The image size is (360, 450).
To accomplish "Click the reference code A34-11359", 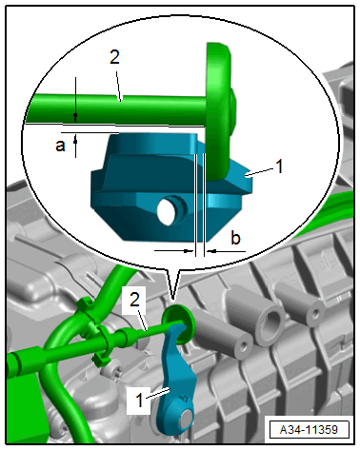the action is click(309, 430).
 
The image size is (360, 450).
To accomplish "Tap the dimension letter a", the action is click(60, 146).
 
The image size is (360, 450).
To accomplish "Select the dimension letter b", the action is click(235, 238).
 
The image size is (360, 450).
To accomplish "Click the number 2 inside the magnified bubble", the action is click(114, 57).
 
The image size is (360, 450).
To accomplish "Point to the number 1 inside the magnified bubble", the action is click(279, 166).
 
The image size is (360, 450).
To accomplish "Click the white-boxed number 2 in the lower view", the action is click(134, 300).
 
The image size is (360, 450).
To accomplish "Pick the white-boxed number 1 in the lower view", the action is click(139, 400).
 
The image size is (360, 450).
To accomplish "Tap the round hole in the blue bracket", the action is click(170, 210).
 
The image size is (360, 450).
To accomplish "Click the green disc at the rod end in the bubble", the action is click(220, 111).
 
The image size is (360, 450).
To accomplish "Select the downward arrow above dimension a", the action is click(75, 99).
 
